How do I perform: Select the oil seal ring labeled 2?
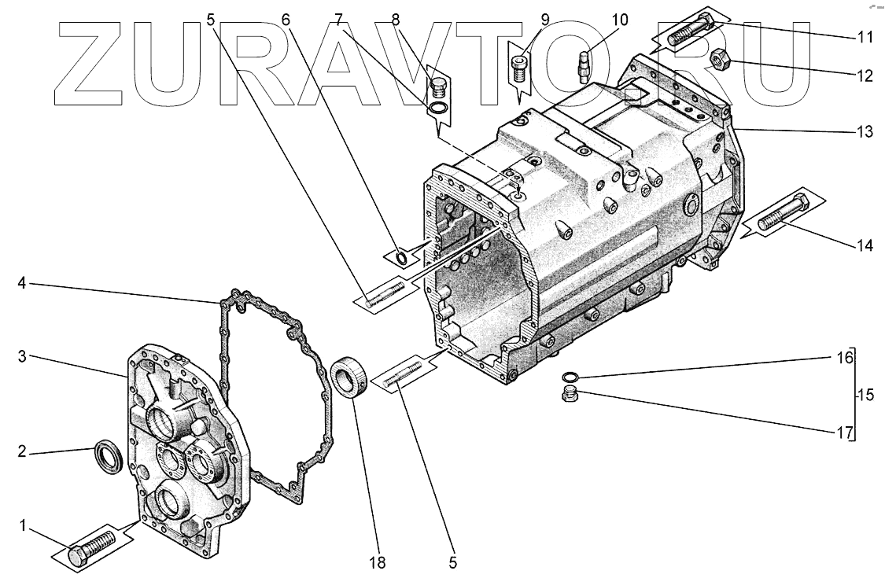[x=109, y=456]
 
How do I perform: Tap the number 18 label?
[x=378, y=562]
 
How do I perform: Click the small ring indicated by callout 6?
[x=402, y=258]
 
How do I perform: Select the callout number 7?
[x=338, y=18]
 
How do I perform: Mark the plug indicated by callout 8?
[x=441, y=81]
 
